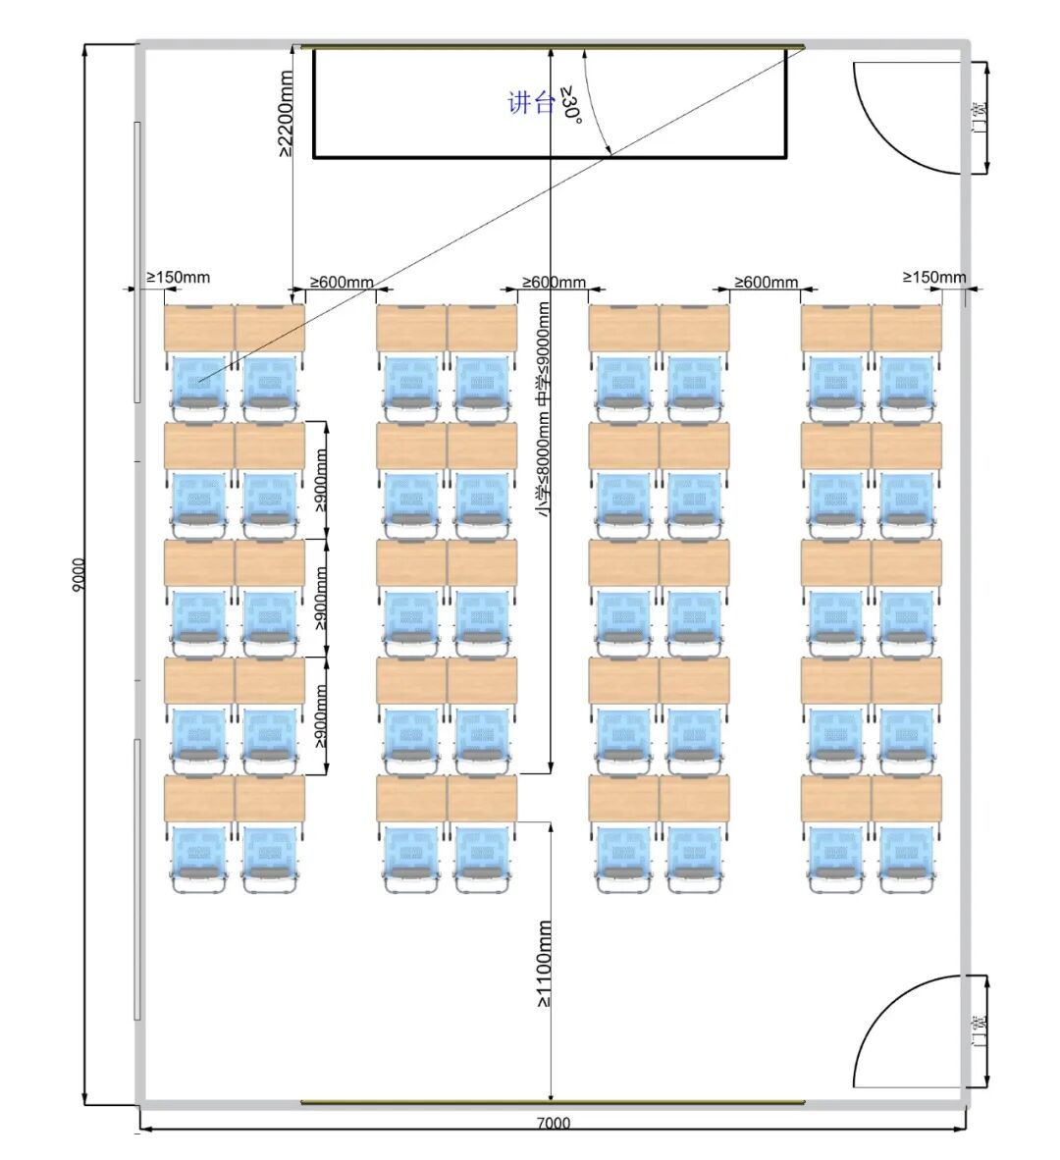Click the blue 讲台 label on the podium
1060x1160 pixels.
click(x=531, y=103)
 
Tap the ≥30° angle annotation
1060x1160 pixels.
click(x=571, y=104)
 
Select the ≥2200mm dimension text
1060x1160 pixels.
click(x=286, y=113)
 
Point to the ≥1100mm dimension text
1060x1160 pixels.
click(x=544, y=964)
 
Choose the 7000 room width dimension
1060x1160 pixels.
click(x=554, y=1123)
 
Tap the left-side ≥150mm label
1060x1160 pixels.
click(x=179, y=278)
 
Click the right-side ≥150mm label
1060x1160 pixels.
click(x=934, y=278)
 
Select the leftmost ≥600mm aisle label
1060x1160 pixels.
click(x=342, y=282)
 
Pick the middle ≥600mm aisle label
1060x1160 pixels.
click(x=554, y=282)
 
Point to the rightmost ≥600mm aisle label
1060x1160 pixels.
click(x=767, y=282)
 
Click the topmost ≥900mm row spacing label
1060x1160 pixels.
click(x=320, y=480)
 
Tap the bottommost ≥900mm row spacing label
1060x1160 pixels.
click(x=320, y=715)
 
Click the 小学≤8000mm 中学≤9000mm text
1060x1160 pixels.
click(x=544, y=409)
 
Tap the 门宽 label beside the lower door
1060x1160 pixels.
click(x=978, y=1030)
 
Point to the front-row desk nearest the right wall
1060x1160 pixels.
click(x=907, y=328)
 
